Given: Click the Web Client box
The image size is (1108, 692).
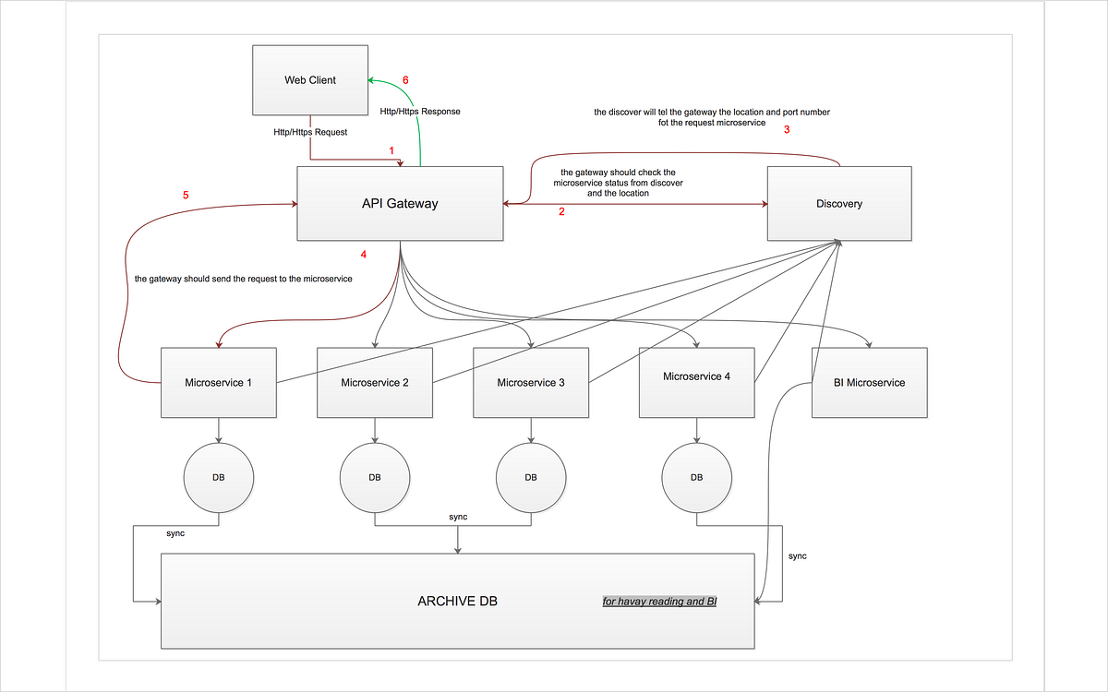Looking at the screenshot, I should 310,80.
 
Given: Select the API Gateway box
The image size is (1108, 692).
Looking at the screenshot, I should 400,204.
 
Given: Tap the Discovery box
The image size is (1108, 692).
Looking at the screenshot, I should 839,204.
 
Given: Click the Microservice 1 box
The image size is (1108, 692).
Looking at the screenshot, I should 219,382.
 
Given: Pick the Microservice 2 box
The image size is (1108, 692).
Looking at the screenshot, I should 375,382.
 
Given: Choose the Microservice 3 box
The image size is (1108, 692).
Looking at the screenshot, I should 531,382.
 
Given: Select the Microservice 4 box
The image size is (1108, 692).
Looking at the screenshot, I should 696,376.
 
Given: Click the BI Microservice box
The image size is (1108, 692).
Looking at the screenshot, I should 869,382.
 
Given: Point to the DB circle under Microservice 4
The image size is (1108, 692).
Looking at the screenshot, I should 696,477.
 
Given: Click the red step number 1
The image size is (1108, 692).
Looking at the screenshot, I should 391,149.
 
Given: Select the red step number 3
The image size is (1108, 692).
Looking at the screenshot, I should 787,130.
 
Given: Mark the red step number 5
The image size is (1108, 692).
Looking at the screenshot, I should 186,195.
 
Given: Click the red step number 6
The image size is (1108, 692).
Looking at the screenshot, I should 404,80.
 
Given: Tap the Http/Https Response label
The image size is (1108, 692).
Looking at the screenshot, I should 420,112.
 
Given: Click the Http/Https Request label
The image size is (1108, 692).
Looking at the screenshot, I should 310,132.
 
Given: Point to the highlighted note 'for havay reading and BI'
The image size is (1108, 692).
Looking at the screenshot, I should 660,602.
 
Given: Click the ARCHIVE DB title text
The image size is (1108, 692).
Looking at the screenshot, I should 457,601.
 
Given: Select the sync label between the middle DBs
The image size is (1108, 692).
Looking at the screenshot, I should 458,517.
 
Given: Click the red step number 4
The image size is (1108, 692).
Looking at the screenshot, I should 364,254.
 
